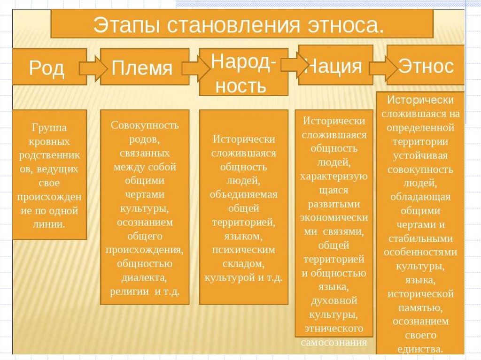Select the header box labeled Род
47,69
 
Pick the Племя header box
141,69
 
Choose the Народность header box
243,73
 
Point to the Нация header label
334,66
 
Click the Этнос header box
426,66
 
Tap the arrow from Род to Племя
94,68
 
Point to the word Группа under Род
49,128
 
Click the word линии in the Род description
49,223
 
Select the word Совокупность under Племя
145,126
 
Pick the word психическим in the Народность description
243,250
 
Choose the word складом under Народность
243,264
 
